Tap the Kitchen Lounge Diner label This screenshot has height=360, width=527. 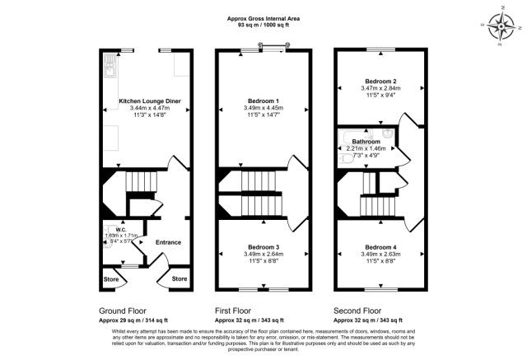[150, 101]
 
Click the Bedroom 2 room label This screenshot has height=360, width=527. [381, 81]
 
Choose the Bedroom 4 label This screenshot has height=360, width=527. [381, 248]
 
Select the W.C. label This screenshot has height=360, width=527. [119, 230]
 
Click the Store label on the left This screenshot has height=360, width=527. [111, 279]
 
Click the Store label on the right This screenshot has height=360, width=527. [180, 279]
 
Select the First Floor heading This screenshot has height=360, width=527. [239, 311]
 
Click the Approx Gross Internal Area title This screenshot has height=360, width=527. [263, 17]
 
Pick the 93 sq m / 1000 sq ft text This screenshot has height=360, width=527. [263, 25]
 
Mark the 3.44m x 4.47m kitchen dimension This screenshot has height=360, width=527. [150, 109]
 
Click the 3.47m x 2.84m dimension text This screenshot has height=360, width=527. [381, 88]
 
